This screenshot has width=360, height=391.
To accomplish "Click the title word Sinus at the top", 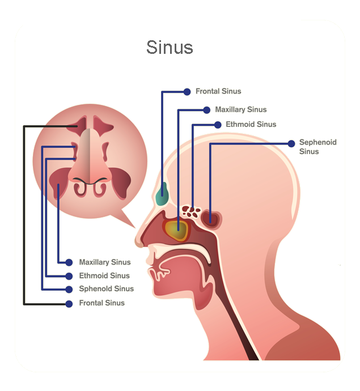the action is point(170,47).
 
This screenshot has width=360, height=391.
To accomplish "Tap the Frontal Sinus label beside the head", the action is point(218,91).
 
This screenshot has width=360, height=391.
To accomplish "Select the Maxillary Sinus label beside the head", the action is point(241,110).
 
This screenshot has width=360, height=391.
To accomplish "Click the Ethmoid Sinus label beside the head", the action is point(251,124).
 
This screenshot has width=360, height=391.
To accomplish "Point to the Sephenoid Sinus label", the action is point(318,147).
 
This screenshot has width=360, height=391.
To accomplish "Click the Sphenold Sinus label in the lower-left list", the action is point(106,289).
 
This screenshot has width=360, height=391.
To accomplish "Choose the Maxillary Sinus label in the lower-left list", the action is point(105,262).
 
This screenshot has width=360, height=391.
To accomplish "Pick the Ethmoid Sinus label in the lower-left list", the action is point(104,275).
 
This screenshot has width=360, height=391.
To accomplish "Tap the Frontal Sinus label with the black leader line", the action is point(102,303).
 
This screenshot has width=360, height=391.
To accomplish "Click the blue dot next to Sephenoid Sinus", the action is point(291,143).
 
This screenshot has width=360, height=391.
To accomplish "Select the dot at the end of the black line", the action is point(69,304).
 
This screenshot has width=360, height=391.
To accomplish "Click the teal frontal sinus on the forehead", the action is point(162,194).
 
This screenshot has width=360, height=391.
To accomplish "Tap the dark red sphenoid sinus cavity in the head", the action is point(211,219).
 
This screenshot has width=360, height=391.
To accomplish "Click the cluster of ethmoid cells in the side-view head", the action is point(191,212).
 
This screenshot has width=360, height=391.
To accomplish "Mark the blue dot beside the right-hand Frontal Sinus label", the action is point(187,92).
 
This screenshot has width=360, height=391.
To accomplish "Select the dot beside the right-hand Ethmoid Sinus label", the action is point(218,125).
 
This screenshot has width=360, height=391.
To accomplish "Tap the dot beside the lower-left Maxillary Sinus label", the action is point(69,262).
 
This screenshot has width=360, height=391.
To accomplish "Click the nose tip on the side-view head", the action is point(138,242).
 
